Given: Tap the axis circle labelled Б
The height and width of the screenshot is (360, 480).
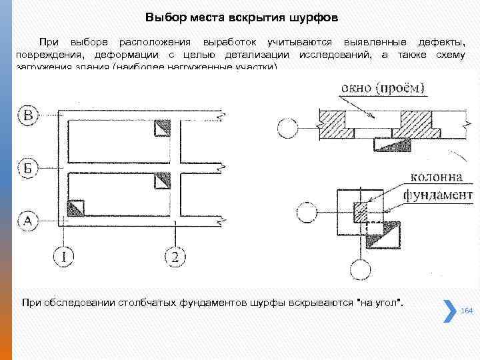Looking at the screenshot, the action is (28, 166).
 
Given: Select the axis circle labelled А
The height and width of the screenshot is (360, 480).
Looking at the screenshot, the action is (28, 219).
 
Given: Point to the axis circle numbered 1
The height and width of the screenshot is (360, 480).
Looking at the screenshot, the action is (64, 255).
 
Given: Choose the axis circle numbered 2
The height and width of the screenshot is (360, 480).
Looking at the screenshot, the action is (174, 255).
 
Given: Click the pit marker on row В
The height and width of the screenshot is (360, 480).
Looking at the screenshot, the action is (163, 127).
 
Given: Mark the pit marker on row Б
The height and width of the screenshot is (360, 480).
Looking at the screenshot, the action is (163, 179).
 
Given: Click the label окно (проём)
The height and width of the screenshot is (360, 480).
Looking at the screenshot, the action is (384, 89).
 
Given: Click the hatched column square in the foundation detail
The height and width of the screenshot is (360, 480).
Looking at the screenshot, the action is (361, 212).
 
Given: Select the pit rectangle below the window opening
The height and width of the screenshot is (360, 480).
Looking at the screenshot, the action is (394, 143).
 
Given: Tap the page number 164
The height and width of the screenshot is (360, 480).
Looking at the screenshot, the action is (467, 311).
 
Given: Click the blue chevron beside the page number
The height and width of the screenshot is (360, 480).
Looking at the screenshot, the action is (449, 311).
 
